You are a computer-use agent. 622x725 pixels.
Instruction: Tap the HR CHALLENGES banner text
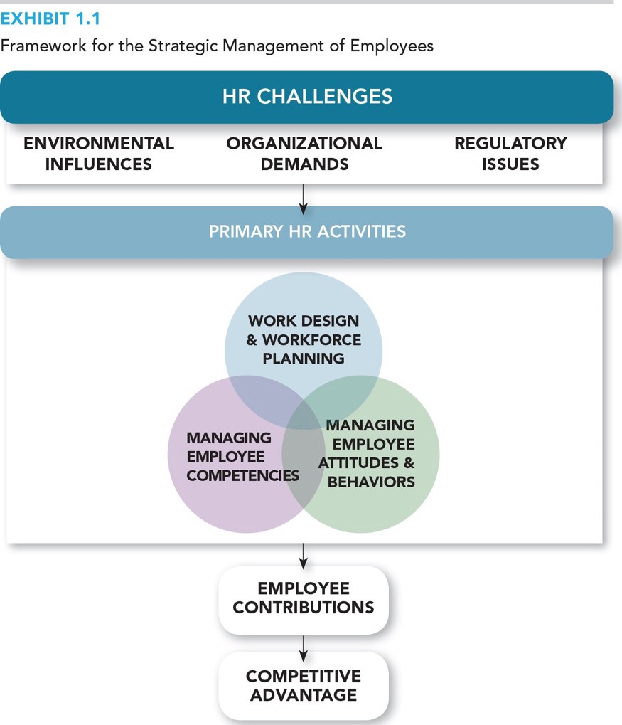point(307,97)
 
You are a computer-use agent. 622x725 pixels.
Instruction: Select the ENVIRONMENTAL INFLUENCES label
point(99,154)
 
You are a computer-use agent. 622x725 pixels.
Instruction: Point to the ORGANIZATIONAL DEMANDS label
point(304,154)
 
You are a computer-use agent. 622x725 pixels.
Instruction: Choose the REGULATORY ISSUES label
point(510,154)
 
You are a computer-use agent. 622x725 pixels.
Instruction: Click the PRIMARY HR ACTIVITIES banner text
point(307,231)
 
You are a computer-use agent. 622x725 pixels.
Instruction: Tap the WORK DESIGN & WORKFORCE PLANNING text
point(304,340)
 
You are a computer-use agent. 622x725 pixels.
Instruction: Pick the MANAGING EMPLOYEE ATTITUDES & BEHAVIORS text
point(368,453)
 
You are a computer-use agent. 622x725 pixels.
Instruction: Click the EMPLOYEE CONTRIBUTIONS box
point(304,598)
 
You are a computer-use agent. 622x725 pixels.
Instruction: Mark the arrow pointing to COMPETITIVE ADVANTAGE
point(304,647)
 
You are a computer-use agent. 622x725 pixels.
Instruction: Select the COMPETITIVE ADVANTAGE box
point(304,685)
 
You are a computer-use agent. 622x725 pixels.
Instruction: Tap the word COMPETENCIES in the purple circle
point(242,475)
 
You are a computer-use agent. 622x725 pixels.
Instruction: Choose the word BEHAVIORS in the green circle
point(371,482)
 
